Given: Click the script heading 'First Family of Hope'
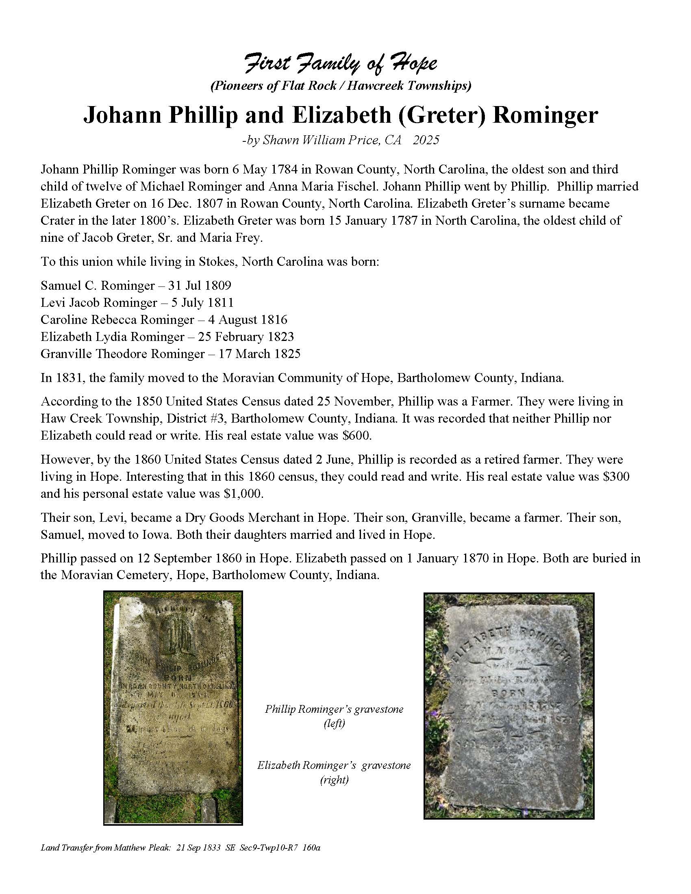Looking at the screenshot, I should click(341, 64).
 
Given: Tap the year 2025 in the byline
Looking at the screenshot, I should click(426, 140).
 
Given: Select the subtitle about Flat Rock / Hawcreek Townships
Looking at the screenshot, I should click(341, 86).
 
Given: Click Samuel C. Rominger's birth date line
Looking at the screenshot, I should click(135, 285).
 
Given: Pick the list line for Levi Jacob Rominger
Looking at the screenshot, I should click(137, 302).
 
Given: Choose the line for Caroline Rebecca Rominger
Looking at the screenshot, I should click(164, 320).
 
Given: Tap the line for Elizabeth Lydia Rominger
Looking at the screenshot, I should click(167, 336).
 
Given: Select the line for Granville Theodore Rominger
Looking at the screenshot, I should click(170, 354).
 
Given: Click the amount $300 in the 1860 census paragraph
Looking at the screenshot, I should click(616, 477).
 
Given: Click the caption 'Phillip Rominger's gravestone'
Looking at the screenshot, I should click(334, 710).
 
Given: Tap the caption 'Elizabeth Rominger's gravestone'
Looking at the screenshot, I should click(334, 766).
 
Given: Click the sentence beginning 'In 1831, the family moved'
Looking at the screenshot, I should click(302, 378).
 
